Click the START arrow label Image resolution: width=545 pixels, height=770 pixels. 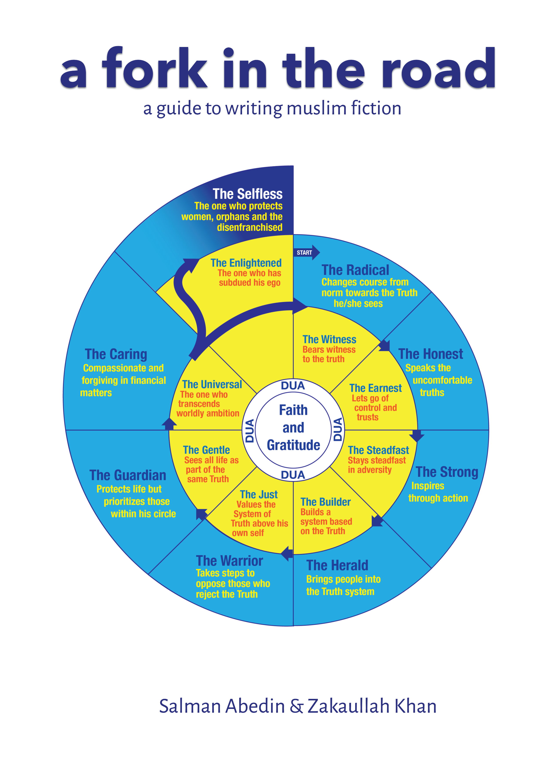click(305, 252)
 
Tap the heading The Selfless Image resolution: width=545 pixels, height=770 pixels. click(247, 194)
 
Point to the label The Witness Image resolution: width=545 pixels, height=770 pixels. click(329, 339)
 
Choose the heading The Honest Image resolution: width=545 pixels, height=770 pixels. click(430, 354)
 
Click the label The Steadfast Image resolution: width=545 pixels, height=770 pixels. click(378, 450)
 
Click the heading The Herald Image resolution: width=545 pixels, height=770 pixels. click(337, 565)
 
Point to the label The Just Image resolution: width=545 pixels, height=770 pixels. click(259, 494)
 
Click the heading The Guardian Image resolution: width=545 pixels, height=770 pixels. click(128, 475)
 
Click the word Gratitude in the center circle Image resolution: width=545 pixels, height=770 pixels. click(293, 445)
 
